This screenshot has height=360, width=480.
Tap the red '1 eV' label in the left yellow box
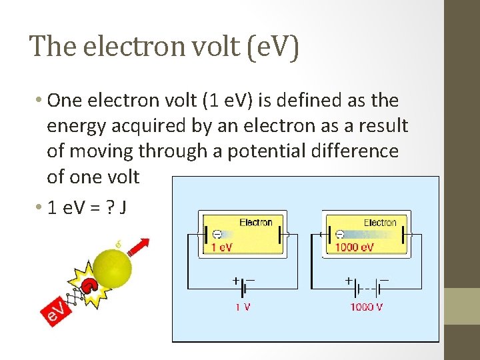tap(222, 247)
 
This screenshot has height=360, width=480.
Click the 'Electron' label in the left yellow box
tap(256, 222)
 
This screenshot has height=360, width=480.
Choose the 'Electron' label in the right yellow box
tap(379, 222)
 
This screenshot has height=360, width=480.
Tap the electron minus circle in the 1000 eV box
tap(339, 235)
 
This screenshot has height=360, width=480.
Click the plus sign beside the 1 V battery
tap(236, 281)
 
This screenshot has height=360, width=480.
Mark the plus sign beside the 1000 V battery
tap(349, 281)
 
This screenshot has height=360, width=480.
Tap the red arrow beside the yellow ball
tap(139, 247)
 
